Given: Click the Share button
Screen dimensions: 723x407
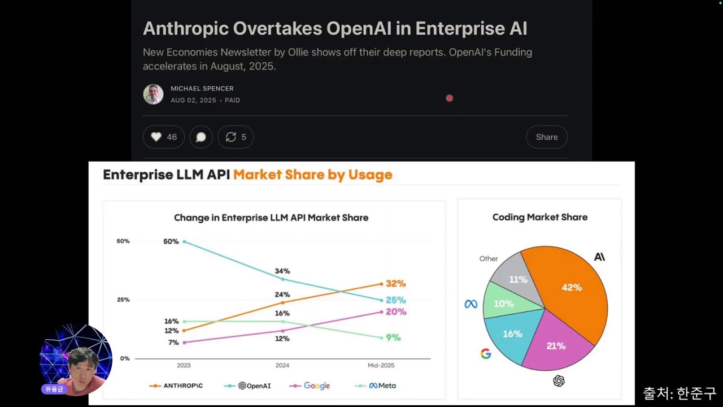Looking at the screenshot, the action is point(546,137).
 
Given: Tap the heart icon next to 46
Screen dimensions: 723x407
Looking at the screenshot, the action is point(156,137).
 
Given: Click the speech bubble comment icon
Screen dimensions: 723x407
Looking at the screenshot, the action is point(201,137).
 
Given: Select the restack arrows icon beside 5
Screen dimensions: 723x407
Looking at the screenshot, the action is point(231,137).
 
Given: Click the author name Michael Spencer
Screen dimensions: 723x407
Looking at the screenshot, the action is point(202,89).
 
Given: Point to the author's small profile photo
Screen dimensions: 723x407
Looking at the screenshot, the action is point(153,94).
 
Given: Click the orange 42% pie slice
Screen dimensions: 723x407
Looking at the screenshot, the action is point(571,291).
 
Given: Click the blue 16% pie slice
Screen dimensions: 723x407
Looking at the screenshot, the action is point(513,334).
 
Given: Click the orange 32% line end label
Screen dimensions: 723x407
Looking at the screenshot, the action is point(396,284).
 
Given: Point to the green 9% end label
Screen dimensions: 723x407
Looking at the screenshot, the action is point(393,337).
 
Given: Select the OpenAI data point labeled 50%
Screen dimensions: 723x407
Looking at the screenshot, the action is point(184,241).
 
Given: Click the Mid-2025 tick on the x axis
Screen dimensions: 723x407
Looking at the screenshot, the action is point(381,365).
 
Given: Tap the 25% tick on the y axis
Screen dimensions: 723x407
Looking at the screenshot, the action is point(123,300).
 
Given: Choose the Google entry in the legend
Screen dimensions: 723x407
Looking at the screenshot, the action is point(310,386).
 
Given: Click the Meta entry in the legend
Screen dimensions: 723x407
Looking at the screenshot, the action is point(376,386).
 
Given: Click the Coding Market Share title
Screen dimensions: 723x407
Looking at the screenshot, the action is point(539,217).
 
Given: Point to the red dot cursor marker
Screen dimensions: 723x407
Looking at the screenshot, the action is point(449,98).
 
